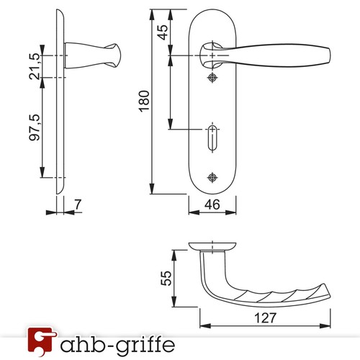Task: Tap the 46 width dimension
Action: tap(213, 205)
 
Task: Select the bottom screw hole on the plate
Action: tap(212, 177)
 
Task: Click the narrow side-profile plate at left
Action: tap(58, 108)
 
